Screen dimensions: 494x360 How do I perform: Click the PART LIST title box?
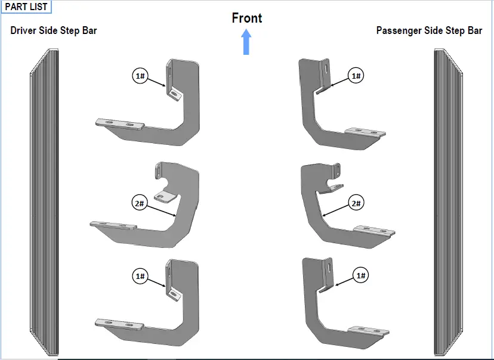[x=26, y=7]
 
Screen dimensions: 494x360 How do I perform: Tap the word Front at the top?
[x=246, y=18]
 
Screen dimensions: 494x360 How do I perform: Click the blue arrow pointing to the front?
[x=246, y=42]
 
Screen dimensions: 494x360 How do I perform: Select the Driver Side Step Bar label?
[x=54, y=30]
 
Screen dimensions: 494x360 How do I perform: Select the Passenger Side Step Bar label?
[x=429, y=30]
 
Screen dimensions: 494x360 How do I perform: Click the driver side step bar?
[x=44, y=202]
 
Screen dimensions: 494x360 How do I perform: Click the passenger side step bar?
[x=448, y=202]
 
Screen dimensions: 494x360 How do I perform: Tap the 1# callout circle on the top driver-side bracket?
[x=140, y=76]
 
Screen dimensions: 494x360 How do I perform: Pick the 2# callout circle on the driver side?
[x=140, y=203]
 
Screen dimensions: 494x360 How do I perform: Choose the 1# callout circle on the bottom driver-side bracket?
[x=140, y=276]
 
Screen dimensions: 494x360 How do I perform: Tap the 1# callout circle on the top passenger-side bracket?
[x=356, y=76]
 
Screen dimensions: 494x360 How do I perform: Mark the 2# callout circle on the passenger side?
[x=356, y=203]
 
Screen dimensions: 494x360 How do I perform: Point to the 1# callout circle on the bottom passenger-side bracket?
[x=361, y=275]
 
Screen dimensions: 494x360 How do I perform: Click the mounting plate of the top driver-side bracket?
[x=120, y=123]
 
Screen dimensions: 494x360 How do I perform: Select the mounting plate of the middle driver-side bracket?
[x=113, y=225]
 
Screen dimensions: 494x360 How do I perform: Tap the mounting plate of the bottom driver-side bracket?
[x=119, y=324]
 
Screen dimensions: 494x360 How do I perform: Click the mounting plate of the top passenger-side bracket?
[x=366, y=132]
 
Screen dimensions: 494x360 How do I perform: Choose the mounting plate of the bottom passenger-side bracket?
[x=369, y=330]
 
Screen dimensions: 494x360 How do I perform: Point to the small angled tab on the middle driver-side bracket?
[x=165, y=196]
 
